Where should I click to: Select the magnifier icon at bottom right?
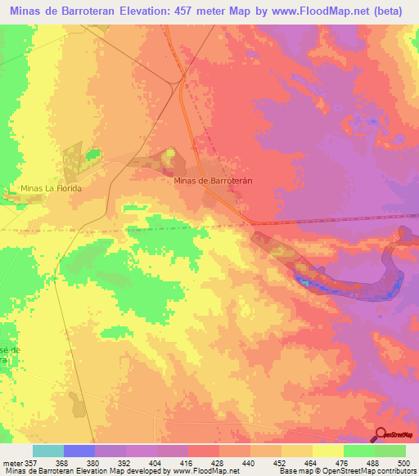pos(381,435)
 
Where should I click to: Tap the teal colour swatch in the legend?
pos(47,451)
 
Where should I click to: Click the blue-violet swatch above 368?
pos(79,451)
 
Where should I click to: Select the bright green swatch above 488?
pos(358,451)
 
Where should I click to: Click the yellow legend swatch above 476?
pos(327,451)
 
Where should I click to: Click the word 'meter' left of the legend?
pos(11,462)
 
